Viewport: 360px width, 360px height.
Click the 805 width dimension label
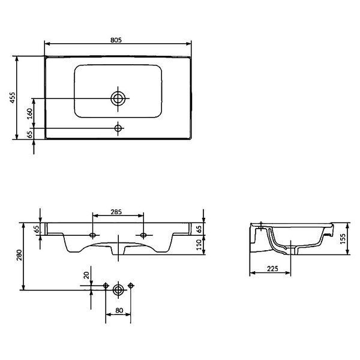[x=116, y=40]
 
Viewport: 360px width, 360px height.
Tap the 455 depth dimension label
[x=13, y=98]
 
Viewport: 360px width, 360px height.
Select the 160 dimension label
[x=30, y=113]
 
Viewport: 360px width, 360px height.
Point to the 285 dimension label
[x=116, y=212]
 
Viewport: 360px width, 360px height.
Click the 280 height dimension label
[x=19, y=255]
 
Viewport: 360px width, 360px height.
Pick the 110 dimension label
[x=199, y=245]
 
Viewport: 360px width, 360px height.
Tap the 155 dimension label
[x=343, y=239]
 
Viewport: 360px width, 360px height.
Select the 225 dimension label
[x=272, y=268]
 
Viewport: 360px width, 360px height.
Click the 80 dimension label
[x=119, y=310]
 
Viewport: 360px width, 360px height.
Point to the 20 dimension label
[x=86, y=275]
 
